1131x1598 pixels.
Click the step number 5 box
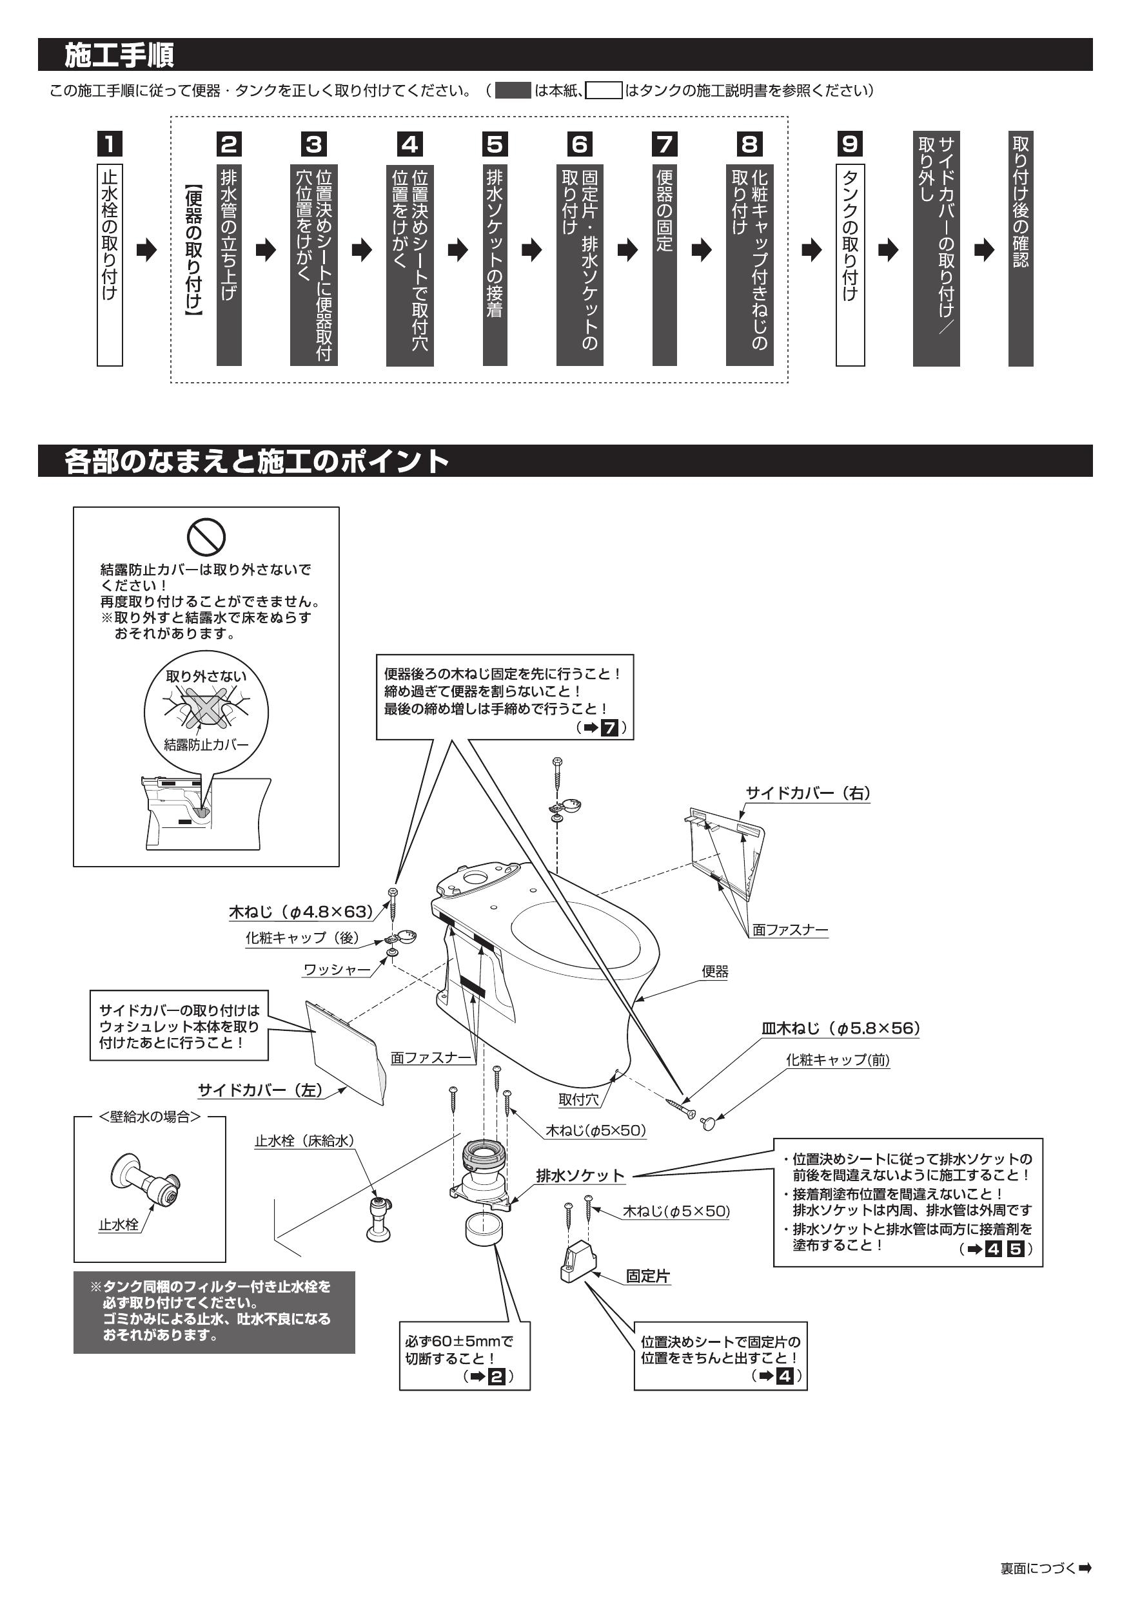point(495,144)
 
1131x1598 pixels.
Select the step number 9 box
point(850,144)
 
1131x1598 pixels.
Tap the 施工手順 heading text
point(119,55)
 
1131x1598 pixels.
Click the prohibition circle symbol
point(207,536)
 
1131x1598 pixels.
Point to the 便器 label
point(714,972)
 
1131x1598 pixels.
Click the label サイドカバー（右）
point(808,793)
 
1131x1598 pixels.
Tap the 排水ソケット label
point(580,1175)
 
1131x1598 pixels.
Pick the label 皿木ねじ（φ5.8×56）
point(841,1028)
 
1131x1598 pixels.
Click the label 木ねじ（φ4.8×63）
point(301,911)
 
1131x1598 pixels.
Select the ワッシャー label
point(337,970)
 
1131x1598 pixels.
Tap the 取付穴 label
point(579,1100)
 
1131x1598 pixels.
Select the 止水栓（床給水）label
point(304,1140)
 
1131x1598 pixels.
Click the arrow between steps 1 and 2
point(147,251)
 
